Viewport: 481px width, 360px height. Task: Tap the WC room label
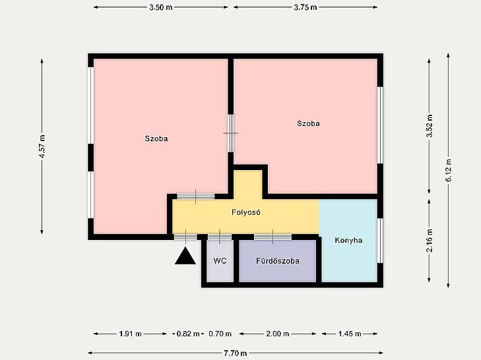coord(220,261)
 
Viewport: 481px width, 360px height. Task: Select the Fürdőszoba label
coord(278,261)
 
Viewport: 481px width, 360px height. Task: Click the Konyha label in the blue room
coord(348,240)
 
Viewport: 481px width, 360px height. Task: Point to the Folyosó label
coord(246,212)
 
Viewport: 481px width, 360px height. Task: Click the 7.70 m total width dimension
coord(236,353)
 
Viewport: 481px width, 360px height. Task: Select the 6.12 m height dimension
coord(448,170)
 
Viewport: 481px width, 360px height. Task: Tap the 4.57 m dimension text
coord(42,146)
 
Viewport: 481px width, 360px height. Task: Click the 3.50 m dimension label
coord(161,7)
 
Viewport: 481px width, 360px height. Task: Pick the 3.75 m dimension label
coord(305,7)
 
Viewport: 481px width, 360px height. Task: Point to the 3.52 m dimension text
coord(429,126)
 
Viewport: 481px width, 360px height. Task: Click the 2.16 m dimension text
coord(429,241)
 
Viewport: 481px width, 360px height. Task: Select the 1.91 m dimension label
coord(131,334)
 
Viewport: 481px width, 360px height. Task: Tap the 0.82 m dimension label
coord(188,334)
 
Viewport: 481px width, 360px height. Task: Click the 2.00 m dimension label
coord(278,334)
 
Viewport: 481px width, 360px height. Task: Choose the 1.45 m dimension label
coord(350,334)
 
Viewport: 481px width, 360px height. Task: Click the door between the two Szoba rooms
coord(231,133)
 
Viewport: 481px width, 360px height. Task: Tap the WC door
coord(219,237)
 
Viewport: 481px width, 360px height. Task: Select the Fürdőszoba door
coord(273,237)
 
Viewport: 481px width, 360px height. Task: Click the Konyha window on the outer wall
coord(381,241)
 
